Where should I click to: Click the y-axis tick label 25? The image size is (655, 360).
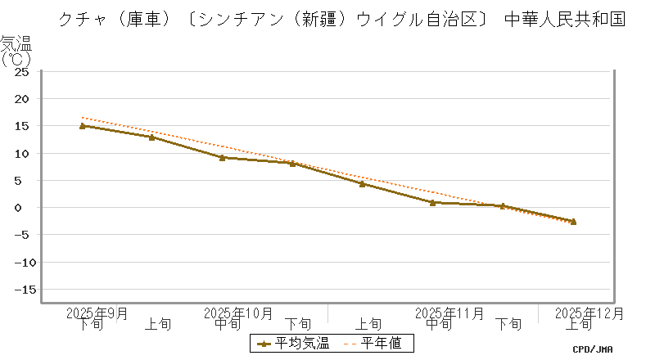tap(23, 71)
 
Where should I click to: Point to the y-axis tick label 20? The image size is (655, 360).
tap(23, 99)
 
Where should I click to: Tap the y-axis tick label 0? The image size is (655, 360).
tap(26, 208)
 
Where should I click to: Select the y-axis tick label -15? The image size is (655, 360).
tap(20, 290)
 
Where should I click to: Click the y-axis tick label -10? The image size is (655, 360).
tap(20, 263)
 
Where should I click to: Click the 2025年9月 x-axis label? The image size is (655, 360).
tap(97, 313)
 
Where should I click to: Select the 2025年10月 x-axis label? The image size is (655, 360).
tap(238, 313)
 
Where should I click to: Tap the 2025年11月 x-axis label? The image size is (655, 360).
tap(449, 313)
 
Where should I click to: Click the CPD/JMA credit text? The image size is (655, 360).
tap(593, 349)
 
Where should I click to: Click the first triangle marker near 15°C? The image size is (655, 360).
tap(83, 126)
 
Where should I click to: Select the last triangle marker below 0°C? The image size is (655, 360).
tap(573, 222)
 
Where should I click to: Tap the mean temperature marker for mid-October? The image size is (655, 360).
tap(223, 158)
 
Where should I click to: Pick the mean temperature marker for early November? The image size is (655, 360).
tap(362, 184)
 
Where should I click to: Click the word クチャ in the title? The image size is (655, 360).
tap(81, 19)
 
